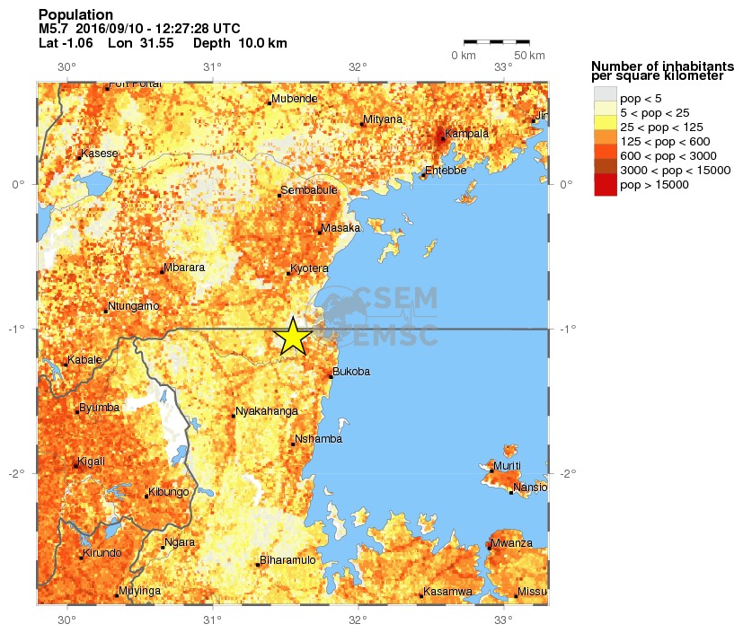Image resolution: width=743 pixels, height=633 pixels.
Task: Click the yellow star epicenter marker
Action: [x=293, y=337]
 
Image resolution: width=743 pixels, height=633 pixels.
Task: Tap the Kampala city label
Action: [x=466, y=134]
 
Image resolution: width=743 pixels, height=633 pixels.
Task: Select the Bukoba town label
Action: [x=351, y=371]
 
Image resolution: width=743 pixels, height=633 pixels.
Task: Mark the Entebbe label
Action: [x=446, y=170]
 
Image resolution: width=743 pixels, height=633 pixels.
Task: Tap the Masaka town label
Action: [x=341, y=227]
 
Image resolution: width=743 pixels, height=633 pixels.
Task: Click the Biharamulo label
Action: [x=287, y=560]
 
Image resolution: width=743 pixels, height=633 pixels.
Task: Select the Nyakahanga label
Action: [x=267, y=411]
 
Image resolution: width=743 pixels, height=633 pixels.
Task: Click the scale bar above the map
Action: [x=496, y=41]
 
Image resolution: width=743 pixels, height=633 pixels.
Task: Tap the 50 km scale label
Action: [x=531, y=56]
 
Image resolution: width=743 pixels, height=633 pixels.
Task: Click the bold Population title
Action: [x=75, y=14]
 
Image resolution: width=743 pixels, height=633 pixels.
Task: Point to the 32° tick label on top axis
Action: [x=358, y=66]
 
